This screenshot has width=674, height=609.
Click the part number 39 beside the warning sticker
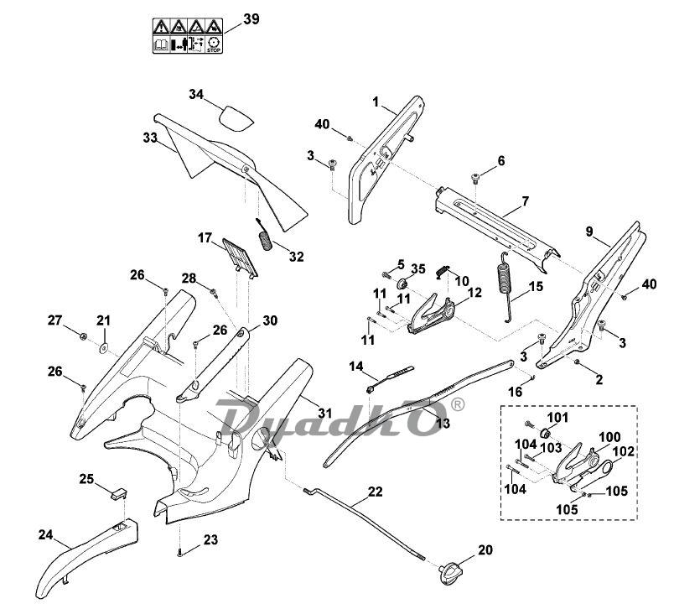pyautogui.click(x=251, y=18)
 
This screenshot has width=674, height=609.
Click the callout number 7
pyautogui.click(x=525, y=202)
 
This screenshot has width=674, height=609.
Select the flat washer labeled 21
pyautogui.click(x=102, y=346)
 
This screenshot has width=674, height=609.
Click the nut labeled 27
pyautogui.click(x=84, y=336)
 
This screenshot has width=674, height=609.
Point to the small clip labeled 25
pyautogui.click(x=117, y=492)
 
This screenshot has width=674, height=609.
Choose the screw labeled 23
pyautogui.click(x=180, y=551)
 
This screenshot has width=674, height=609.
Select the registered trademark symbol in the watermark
pyautogui.click(x=457, y=404)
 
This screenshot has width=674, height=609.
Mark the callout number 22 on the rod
pyautogui.click(x=375, y=492)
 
